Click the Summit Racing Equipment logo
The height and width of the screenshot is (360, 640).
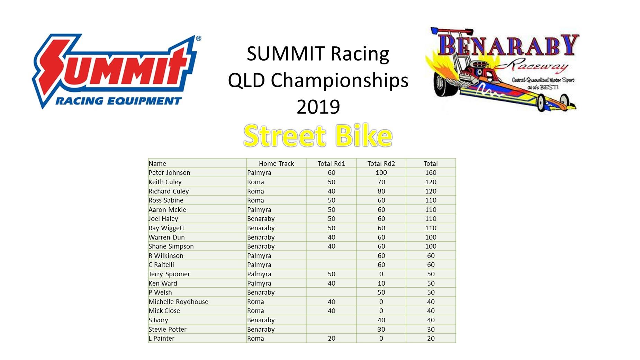click(x=116, y=71)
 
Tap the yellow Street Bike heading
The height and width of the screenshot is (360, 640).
click(x=318, y=135)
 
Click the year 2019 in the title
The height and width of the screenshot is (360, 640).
click(x=318, y=107)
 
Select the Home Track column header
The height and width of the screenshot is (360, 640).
click(x=276, y=163)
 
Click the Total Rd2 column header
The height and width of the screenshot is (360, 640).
click(x=381, y=163)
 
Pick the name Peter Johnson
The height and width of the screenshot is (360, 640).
click(x=169, y=172)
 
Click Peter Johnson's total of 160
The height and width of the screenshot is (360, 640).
click(x=431, y=172)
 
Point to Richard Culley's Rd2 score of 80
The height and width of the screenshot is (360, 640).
click(x=381, y=191)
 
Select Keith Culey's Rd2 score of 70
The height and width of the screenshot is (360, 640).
click(x=381, y=182)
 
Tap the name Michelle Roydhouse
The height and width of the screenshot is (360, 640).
click(x=178, y=301)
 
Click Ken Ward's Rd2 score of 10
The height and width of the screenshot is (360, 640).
click(x=381, y=283)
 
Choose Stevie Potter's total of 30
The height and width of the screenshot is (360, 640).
click(x=431, y=329)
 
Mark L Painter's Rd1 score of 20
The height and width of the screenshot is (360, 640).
click(x=332, y=338)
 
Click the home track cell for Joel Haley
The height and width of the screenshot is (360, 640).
click(x=261, y=219)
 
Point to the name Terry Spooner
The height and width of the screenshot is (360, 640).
click(x=169, y=274)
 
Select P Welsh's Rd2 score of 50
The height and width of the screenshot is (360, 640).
click(x=381, y=292)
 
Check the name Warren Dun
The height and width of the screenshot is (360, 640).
click(x=166, y=237)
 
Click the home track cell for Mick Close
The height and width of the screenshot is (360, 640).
click(x=255, y=311)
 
